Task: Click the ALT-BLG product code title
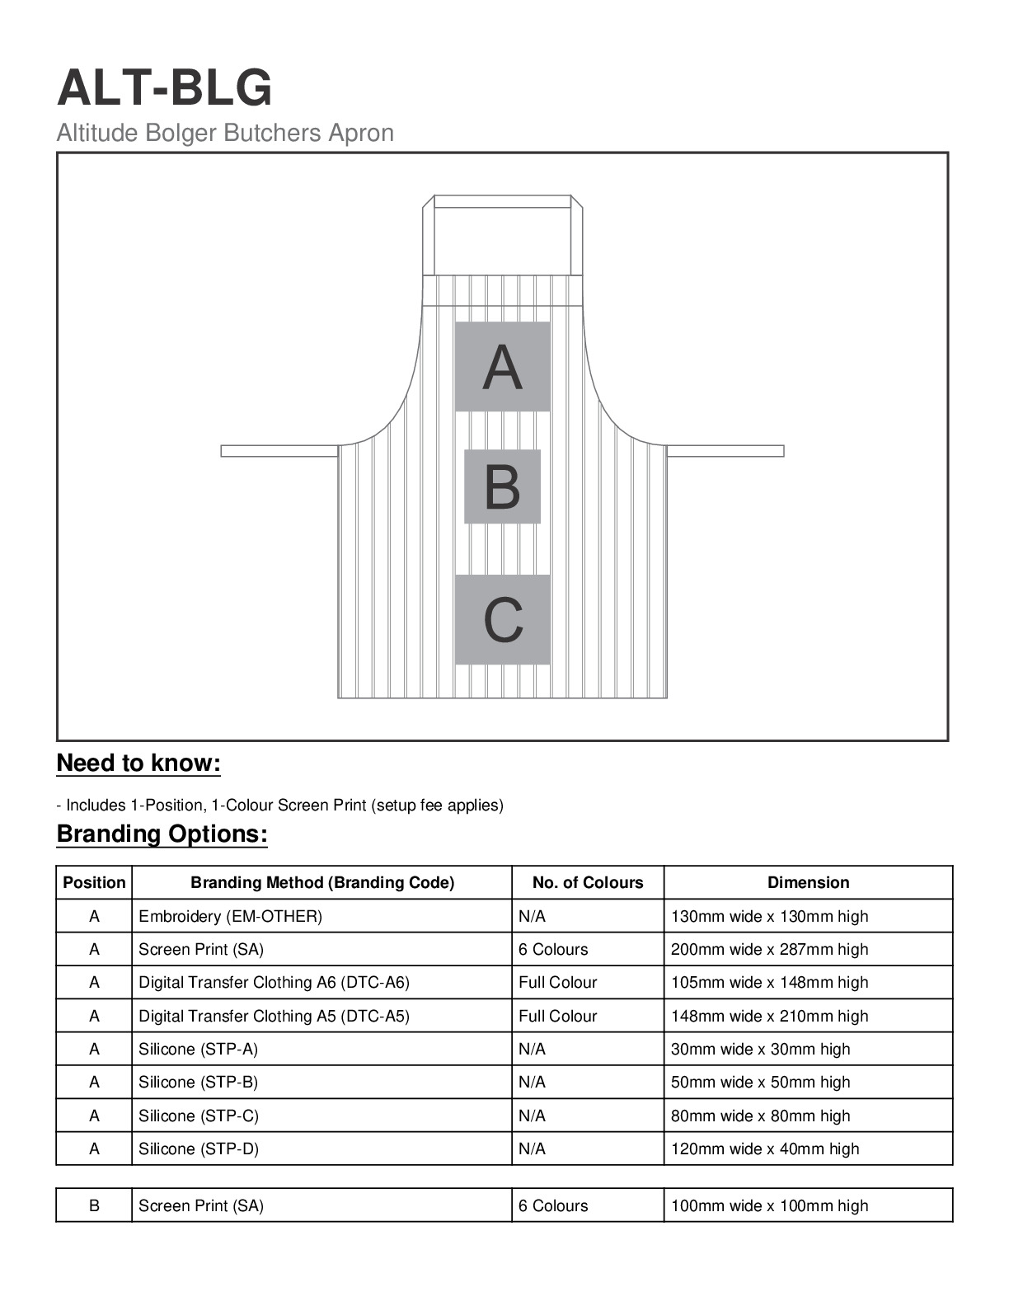pos(164,87)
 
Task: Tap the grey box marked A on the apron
pos(502,367)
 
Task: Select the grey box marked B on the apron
pos(502,486)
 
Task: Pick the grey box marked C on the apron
pos(502,619)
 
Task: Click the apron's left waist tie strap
pos(279,451)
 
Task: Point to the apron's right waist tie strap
pos(725,451)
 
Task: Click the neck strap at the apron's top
pos(502,202)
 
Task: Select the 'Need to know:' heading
pos(138,763)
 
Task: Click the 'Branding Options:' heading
pos(162,834)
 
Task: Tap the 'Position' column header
pos(94,883)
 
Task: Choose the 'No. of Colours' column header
pos(587,883)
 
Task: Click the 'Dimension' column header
pos(808,883)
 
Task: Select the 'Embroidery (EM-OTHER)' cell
pos(231,917)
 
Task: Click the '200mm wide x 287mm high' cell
pos(769,950)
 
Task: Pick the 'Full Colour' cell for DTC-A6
pos(557,983)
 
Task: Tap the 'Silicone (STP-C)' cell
pos(199,1116)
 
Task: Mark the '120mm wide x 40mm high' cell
pos(764,1149)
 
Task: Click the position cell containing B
pos(94,1205)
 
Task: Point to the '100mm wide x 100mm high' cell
pos(769,1205)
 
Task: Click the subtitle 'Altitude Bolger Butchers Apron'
pos(225,133)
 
